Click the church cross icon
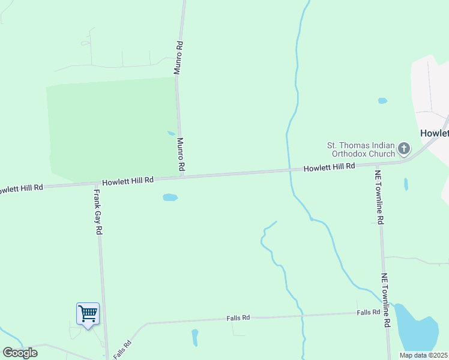[x=404, y=148]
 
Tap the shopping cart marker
[x=88, y=313]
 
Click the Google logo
[x=20, y=353]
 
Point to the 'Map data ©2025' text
[x=423, y=355]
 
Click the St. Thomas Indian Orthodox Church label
[x=360, y=149]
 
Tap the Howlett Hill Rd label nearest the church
[x=329, y=167]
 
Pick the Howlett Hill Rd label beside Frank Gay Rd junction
[x=128, y=180]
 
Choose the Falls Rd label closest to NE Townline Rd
[x=368, y=312]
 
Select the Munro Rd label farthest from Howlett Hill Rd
[x=178, y=58]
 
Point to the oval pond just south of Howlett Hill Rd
[x=170, y=197]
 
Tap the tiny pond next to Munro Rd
[x=171, y=133]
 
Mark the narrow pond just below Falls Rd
[x=194, y=337]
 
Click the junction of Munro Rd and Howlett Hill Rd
[x=181, y=176]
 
